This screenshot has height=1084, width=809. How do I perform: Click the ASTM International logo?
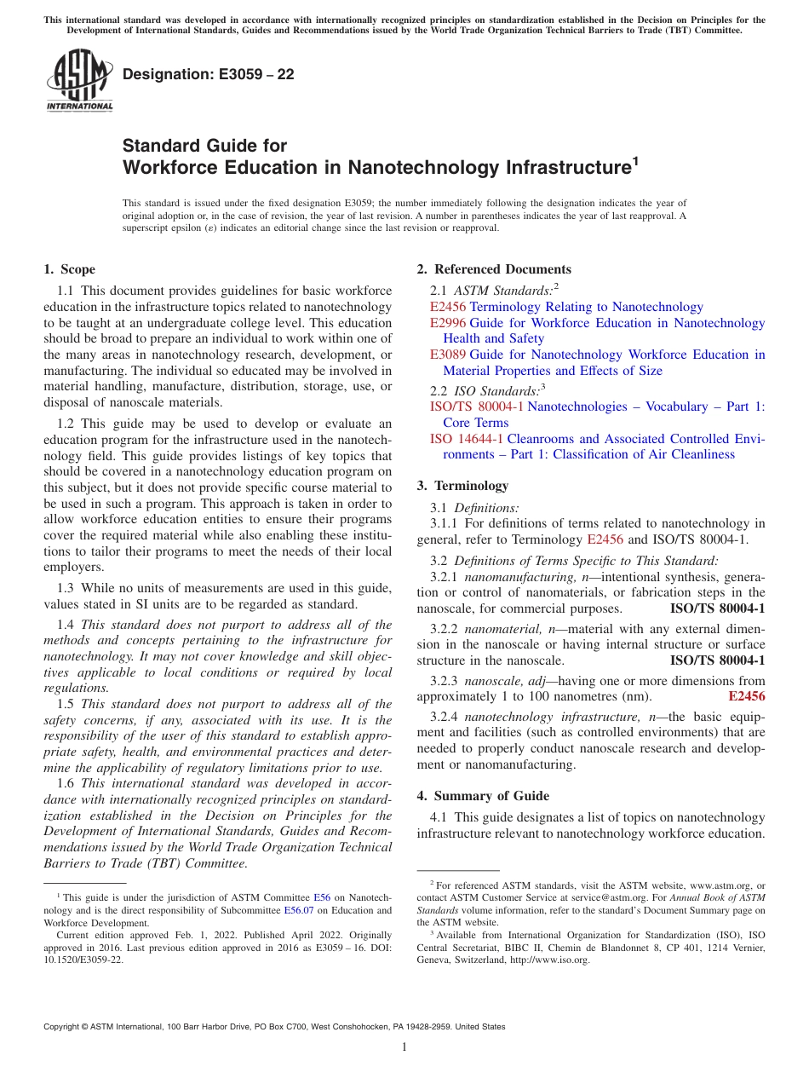[79, 81]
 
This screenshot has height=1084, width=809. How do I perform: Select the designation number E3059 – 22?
[209, 75]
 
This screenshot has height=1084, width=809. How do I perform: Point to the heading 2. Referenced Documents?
[494, 269]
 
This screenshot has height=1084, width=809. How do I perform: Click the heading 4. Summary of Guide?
[483, 796]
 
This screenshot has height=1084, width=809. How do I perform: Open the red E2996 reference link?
[448, 323]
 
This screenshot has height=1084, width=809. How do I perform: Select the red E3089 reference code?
[448, 355]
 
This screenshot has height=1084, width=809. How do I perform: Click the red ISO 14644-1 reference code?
[467, 439]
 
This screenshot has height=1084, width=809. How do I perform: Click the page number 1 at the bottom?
[404, 1047]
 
